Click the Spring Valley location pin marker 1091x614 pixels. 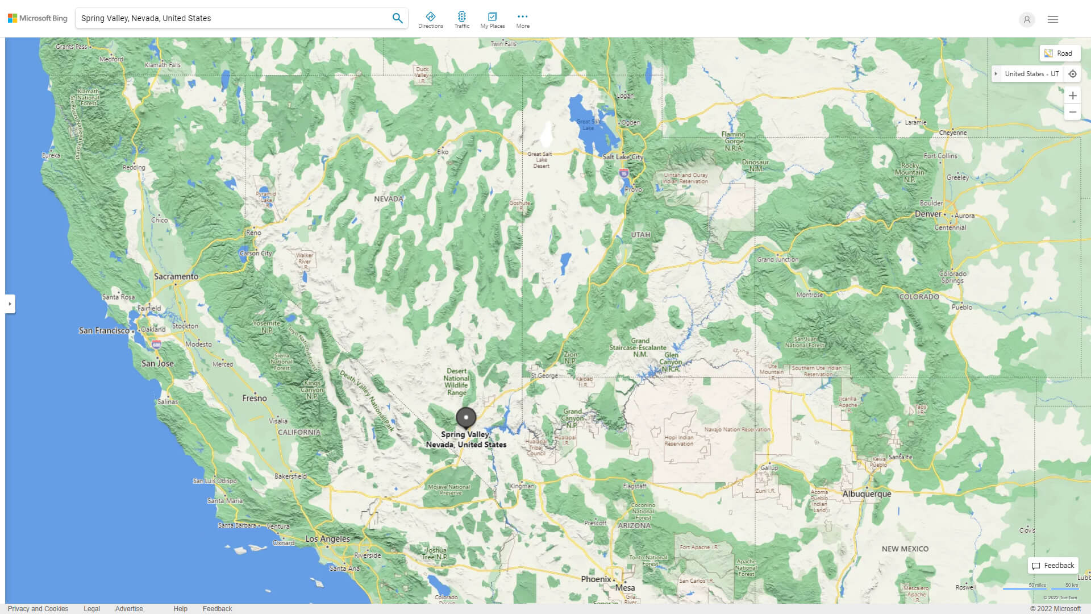[x=466, y=417]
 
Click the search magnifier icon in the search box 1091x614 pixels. [x=397, y=18]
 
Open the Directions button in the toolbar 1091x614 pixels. [x=430, y=20]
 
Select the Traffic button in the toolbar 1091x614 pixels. [x=461, y=20]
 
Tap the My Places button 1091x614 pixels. [x=492, y=20]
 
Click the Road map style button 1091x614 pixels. [x=1059, y=53]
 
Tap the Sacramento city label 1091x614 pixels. [x=176, y=276]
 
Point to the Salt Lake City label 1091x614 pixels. [x=623, y=157]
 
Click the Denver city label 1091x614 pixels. [x=928, y=214]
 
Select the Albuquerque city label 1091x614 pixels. [x=867, y=494]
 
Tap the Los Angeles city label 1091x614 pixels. [x=327, y=539]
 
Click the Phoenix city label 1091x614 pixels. [x=596, y=579]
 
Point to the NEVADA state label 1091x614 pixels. [x=389, y=199]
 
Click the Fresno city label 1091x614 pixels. [x=254, y=399]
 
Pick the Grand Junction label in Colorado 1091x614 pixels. [x=777, y=260]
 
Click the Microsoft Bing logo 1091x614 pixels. [x=38, y=18]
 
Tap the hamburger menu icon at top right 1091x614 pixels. [x=1053, y=19]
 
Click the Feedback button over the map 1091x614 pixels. [x=1053, y=566]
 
